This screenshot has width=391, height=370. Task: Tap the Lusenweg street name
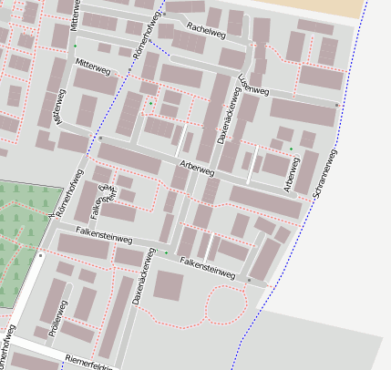click(252, 84)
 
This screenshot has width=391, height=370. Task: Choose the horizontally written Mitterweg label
click(93, 64)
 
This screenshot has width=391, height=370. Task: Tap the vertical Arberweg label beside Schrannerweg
click(291, 174)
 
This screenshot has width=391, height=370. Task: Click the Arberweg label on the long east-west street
click(197, 169)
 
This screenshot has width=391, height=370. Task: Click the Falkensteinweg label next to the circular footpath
click(208, 265)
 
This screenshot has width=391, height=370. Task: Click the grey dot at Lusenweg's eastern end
click(337, 106)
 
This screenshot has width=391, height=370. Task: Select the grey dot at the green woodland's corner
click(41, 256)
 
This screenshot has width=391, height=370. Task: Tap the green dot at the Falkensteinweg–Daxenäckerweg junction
click(166, 252)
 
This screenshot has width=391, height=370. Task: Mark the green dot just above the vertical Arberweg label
click(292, 149)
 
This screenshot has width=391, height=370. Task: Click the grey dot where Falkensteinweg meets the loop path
click(248, 279)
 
